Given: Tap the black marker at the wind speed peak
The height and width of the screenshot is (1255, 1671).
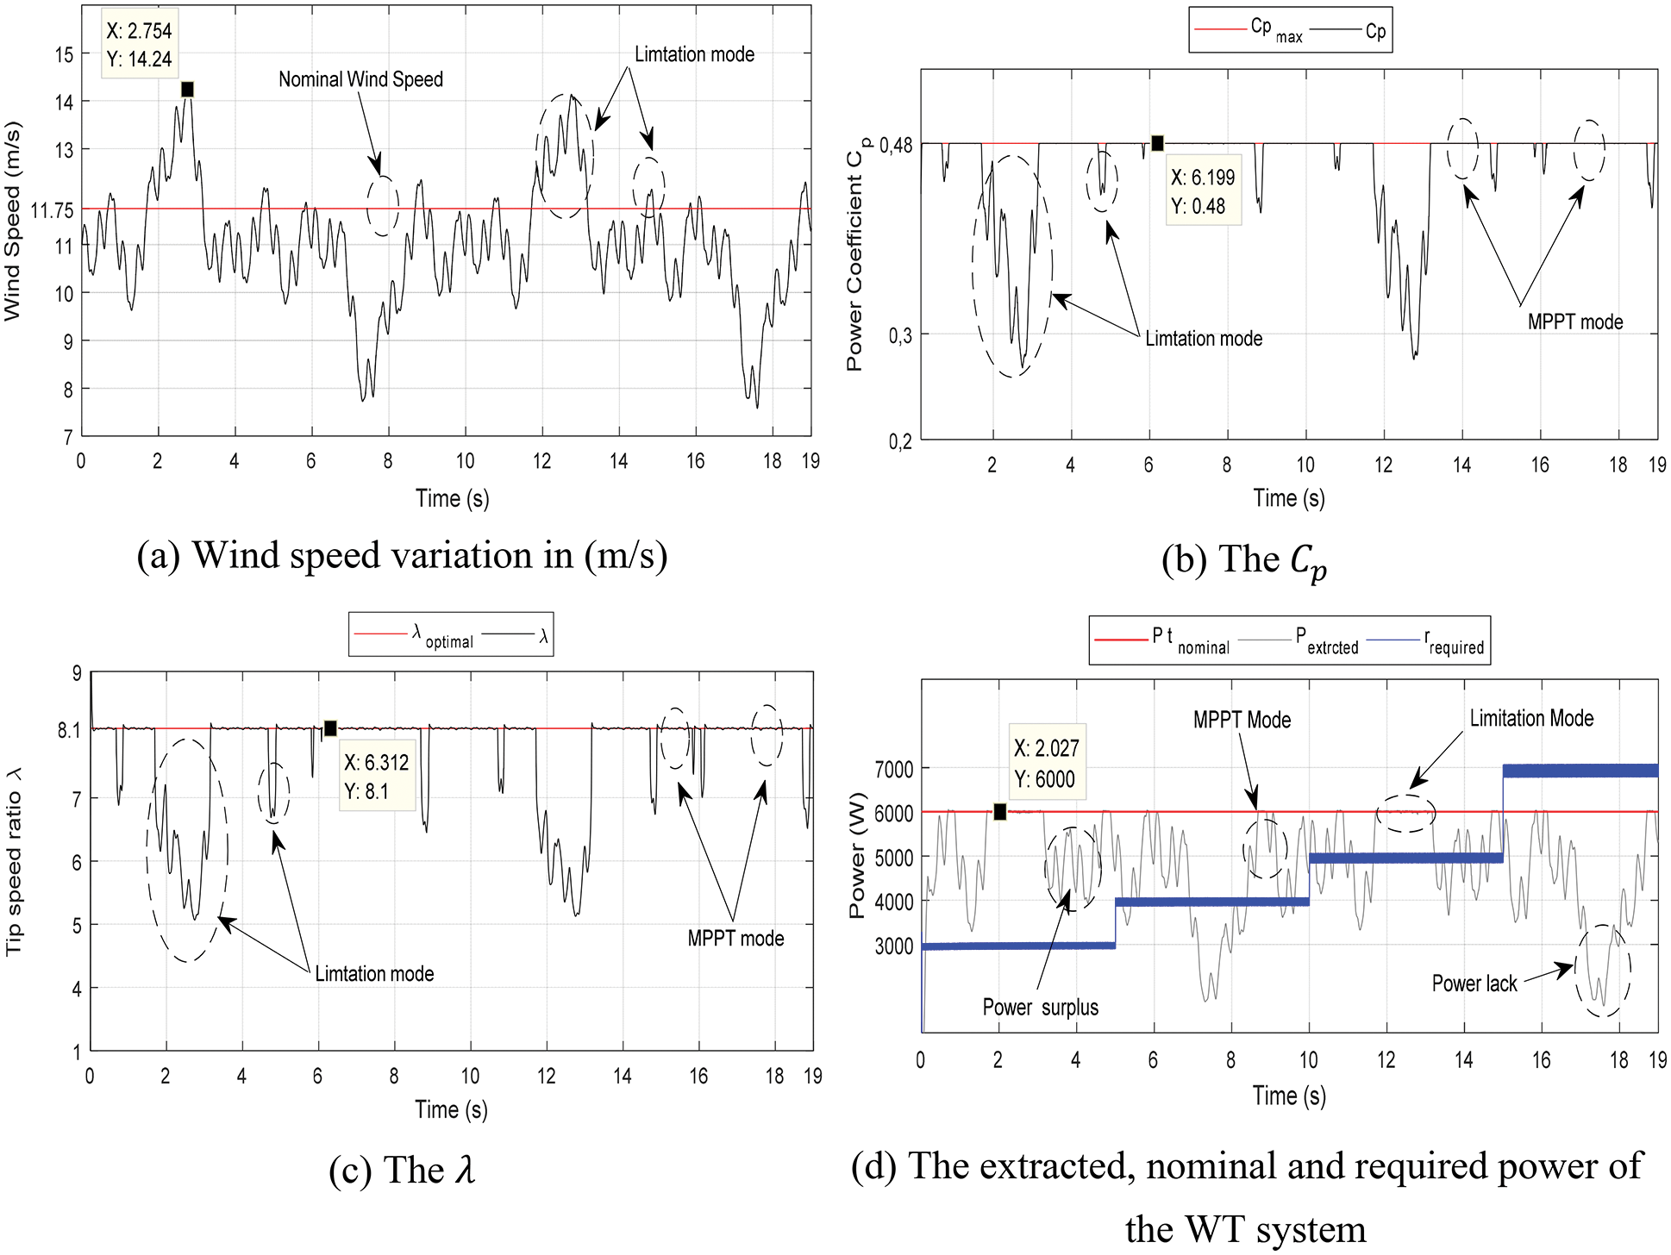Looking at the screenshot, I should [x=187, y=90].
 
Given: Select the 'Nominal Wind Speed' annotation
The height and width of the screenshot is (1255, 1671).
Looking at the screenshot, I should [x=360, y=80].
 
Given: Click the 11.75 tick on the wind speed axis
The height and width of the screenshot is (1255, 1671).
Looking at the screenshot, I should [x=52, y=210].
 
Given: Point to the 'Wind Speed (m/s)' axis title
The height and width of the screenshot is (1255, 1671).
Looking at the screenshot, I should [x=12, y=222].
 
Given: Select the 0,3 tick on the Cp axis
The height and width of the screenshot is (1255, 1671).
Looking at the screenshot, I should [x=900, y=335].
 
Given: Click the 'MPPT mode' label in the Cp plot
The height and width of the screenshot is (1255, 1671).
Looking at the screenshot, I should [x=1574, y=322].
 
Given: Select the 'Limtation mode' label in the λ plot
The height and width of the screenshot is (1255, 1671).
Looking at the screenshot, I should [x=374, y=974].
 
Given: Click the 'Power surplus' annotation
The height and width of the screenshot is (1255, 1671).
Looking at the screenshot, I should [x=1040, y=1008].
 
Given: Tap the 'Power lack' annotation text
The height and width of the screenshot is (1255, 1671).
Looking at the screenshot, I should [x=1474, y=983].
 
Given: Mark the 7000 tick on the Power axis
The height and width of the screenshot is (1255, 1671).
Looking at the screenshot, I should [x=893, y=769].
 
